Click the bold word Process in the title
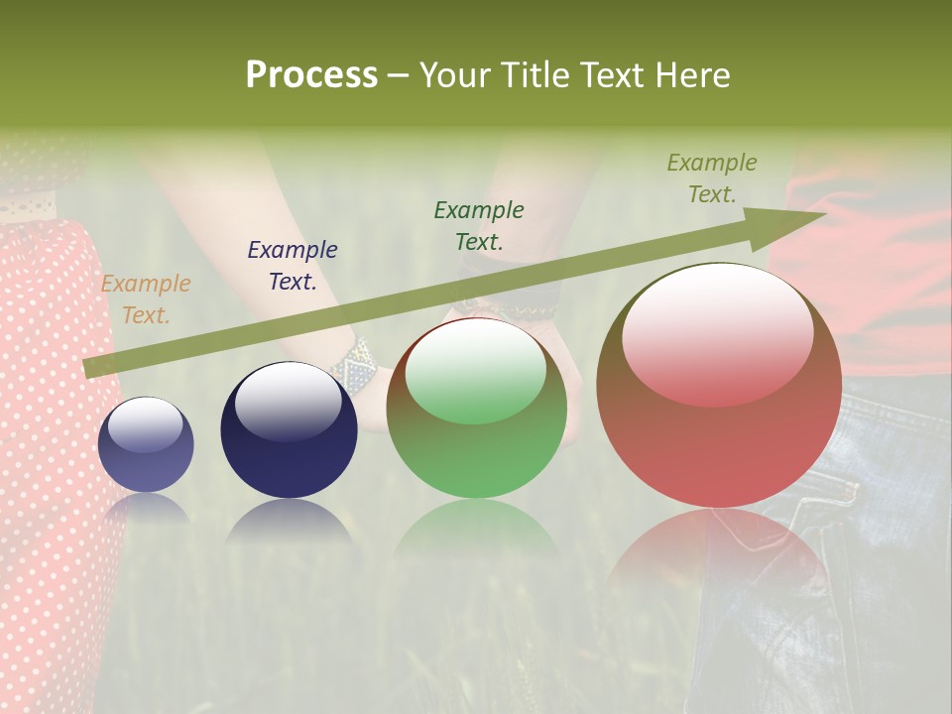tap(311, 75)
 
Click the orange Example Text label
tap(146, 299)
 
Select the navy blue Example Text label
tap(293, 266)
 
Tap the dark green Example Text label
tap(479, 225)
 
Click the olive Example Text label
tap(712, 178)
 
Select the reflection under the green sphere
tap(476, 531)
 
